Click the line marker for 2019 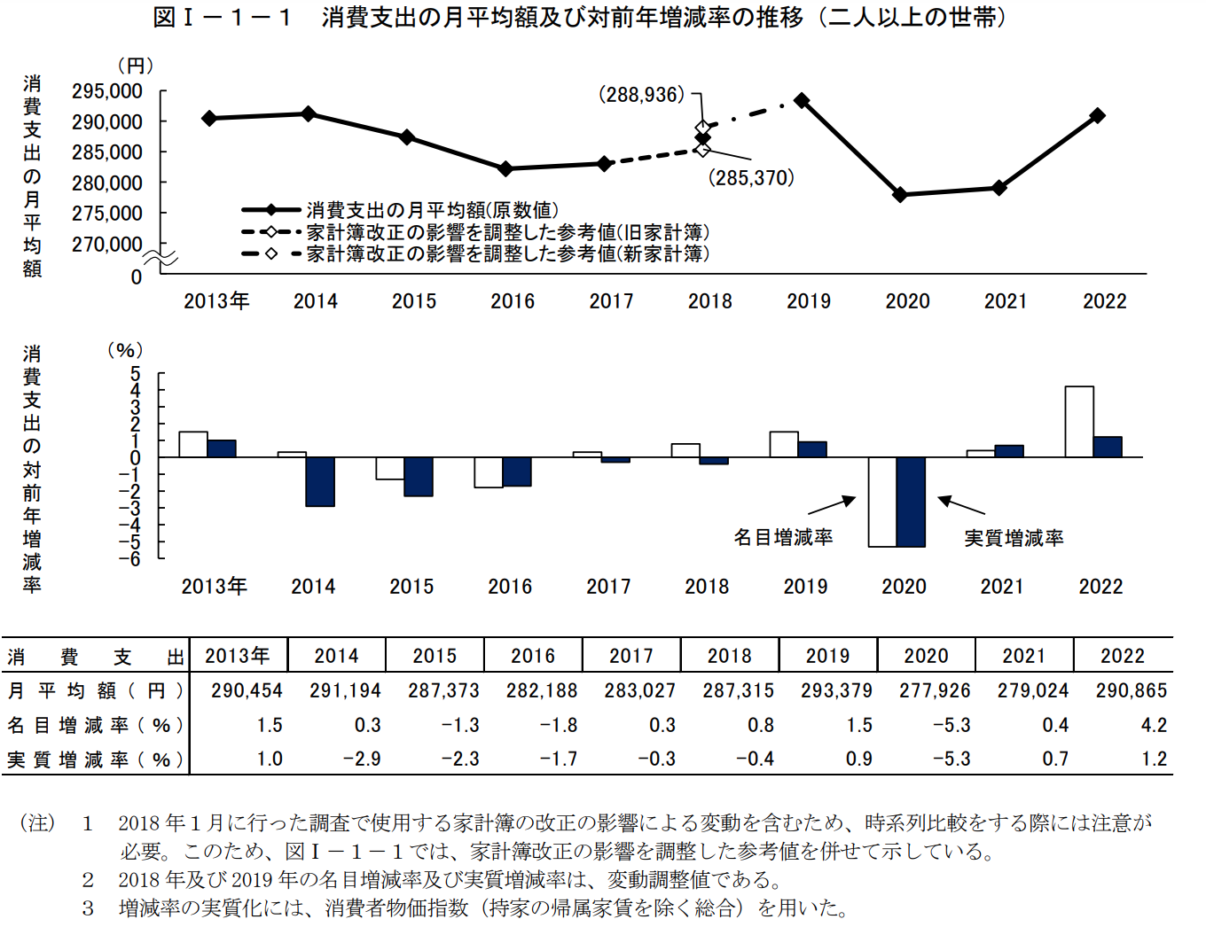802,100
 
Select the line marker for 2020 900,195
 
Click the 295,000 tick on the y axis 107,91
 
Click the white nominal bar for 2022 1079,422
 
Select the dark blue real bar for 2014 320,481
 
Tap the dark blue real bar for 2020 911,502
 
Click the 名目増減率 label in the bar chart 783,537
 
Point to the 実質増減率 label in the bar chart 1014,538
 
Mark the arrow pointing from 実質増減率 961,505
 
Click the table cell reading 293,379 836,690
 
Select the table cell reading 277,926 935,690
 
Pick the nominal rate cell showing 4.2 1154,725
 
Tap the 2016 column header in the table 533,656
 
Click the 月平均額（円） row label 96,690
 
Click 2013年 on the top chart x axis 216,301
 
